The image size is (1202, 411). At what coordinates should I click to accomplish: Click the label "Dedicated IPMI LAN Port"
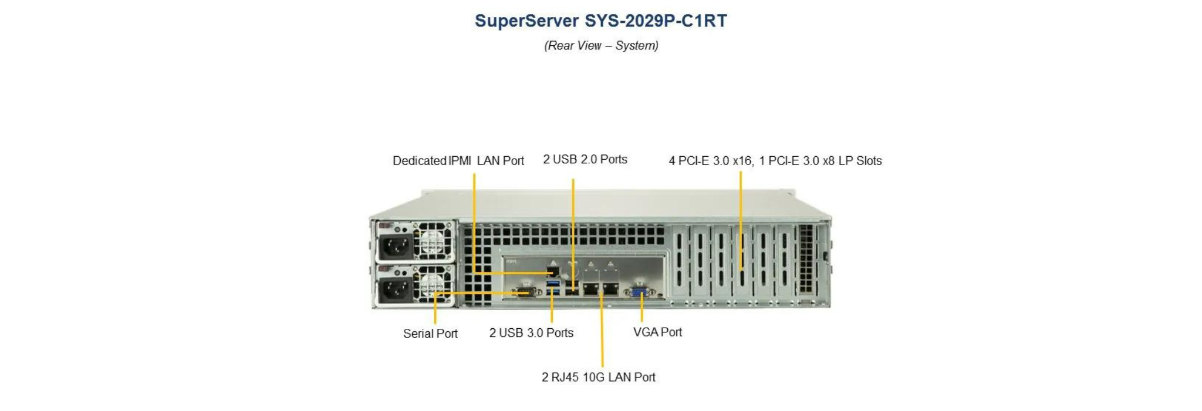[x=458, y=160]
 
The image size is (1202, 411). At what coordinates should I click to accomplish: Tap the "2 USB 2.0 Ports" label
[x=585, y=159]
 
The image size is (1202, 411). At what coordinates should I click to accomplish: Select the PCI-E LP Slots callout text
[x=775, y=160]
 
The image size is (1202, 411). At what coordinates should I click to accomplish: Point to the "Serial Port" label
[x=430, y=333]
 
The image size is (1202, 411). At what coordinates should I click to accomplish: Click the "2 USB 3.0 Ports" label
[x=532, y=333]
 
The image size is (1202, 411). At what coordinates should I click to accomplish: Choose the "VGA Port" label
[x=657, y=332]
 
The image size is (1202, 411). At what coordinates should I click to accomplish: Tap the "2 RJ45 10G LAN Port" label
[x=599, y=377]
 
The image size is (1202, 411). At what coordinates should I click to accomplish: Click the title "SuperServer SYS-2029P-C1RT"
[x=601, y=21]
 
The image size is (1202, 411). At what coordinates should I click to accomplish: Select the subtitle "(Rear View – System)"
[x=601, y=45]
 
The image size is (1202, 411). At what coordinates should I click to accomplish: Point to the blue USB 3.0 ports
[x=552, y=288]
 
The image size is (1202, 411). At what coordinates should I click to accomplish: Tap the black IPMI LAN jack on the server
[x=552, y=271]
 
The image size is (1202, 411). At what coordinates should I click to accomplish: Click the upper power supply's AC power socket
[x=394, y=247]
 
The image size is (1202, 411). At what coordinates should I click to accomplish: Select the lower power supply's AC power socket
[x=394, y=290]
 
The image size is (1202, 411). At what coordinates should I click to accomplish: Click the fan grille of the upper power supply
[x=433, y=241]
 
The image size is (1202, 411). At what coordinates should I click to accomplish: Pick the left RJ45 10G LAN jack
[x=591, y=288]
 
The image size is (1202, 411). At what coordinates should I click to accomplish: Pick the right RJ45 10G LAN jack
[x=610, y=288]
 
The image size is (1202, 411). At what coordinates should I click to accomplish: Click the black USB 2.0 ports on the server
[x=572, y=288]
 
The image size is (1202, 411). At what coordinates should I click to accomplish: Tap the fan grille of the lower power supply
[x=433, y=285]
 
